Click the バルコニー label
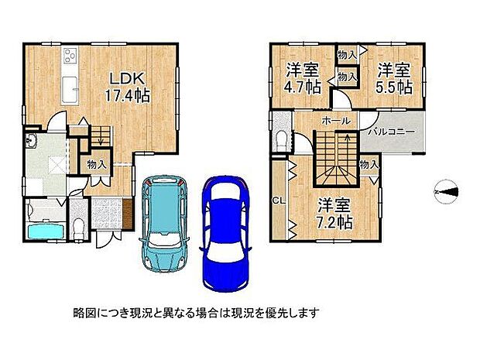click(392, 131)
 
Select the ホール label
click(334, 122)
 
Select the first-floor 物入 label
click(98, 164)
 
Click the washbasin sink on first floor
click(32, 141)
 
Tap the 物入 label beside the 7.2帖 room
click(369, 163)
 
